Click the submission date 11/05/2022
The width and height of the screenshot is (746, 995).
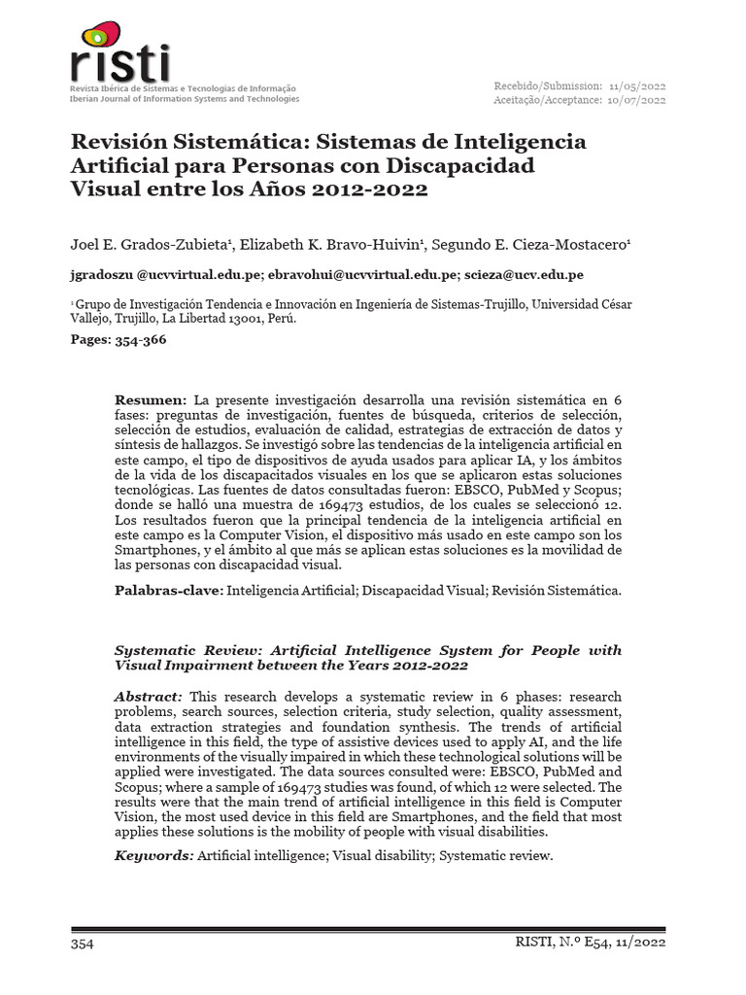pos(637,86)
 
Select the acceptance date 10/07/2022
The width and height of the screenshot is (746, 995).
pos(637,99)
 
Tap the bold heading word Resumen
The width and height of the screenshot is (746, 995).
pos(150,400)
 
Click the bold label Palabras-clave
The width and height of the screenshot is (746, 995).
pos(168,590)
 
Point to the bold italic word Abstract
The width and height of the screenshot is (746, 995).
pos(148,697)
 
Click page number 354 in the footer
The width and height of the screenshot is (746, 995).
pos(82,944)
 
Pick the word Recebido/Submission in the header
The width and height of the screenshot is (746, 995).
pos(547,86)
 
